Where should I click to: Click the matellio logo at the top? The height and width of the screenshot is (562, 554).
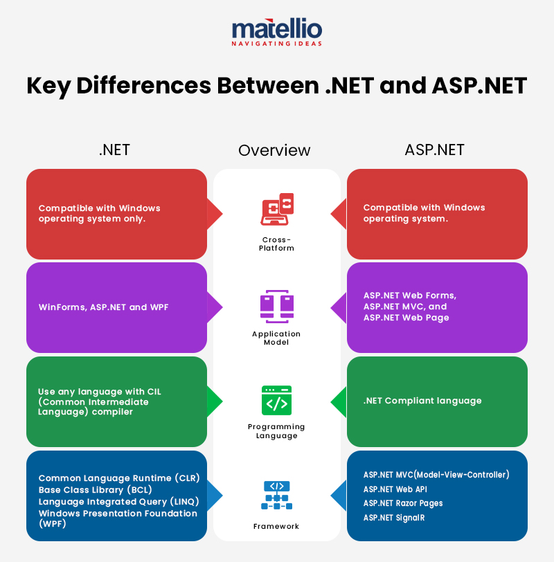276,28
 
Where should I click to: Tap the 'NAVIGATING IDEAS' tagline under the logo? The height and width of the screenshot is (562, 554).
276,44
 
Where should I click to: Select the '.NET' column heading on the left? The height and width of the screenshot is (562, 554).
114,149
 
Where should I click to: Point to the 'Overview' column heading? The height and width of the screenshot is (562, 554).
274,150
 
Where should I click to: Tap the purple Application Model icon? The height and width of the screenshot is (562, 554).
277,305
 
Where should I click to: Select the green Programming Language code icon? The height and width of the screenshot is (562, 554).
276,400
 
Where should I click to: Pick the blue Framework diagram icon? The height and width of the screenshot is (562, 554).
276,496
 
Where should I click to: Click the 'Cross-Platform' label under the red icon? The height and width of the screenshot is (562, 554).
276,244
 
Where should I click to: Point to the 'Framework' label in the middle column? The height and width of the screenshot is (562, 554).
276,527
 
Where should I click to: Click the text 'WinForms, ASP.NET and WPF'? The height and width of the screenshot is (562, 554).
104,307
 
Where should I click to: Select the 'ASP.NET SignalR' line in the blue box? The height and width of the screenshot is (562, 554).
398,518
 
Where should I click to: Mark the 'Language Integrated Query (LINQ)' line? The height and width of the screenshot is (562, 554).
119,501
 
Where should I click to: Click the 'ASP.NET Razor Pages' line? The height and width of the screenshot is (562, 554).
403,503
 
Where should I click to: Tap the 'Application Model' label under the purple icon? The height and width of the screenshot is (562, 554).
276,338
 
